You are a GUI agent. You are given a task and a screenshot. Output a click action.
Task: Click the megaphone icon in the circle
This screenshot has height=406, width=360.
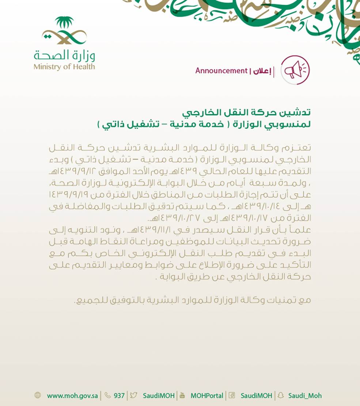pyautogui.click(x=295, y=69)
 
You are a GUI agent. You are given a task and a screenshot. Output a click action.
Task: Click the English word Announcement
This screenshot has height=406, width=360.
pyautogui.click(x=221, y=71)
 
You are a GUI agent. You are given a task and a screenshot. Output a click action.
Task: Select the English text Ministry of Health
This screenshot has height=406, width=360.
pyautogui.click(x=64, y=67)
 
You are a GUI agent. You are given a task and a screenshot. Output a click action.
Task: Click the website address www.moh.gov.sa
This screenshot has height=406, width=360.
pyautogui.click(x=72, y=396)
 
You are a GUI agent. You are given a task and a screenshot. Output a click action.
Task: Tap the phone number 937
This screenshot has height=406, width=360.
pyautogui.click(x=119, y=396)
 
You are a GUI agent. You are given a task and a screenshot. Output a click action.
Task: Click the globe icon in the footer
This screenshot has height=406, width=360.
pyautogui.click(x=38, y=395)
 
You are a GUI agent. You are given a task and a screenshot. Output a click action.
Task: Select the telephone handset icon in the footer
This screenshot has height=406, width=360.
pyautogui.click(x=107, y=395)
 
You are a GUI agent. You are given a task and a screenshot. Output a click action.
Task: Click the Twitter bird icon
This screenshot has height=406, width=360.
pyautogui.click(x=133, y=395)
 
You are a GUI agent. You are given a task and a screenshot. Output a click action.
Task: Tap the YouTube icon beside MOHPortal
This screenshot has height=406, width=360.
pyautogui.click(x=182, y=395)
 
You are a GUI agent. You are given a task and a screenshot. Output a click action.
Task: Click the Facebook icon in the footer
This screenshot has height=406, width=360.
pyautogui.click(x=231, y=395)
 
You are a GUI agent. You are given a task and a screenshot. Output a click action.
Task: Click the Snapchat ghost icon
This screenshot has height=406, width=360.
pyautogui.click(x=280, y=395)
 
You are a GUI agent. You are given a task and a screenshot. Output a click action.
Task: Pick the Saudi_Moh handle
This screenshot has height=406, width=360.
pyautogui.click(x=305, y=396)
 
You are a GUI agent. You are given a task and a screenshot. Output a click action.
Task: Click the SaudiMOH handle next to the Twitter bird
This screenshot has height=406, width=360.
pyautogui.click(x=159, y=396)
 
